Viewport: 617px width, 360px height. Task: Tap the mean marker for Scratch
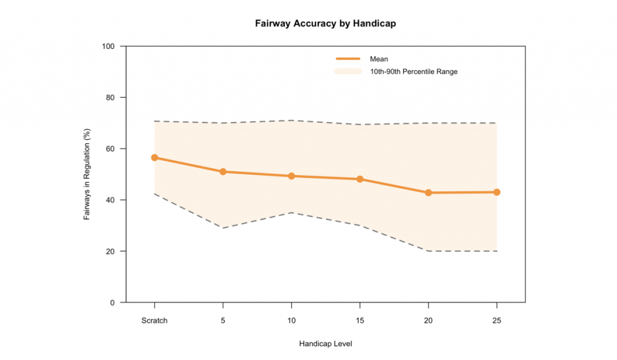click(x=154, y=157)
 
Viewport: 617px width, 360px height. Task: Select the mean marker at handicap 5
click(x=223, y=172)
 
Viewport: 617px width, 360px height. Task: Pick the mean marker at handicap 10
click(x=292, y=176)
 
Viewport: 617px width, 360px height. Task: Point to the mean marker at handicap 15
click(x=360, y=179)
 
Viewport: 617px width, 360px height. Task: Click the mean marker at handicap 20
click(x=428, y=193)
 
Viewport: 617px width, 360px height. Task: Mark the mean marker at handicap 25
click(x=496, y=192)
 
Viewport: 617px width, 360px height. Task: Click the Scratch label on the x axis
click(x=154, y=321)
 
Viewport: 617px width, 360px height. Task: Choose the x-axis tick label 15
click(x=360, y=321)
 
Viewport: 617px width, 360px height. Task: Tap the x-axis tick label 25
click(x=496, y=321)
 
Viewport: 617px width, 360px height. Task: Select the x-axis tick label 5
click(x=223, y=321)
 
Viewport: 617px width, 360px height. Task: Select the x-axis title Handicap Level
click(x=325, y=344)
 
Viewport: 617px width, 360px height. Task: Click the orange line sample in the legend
click(x=348, y=58)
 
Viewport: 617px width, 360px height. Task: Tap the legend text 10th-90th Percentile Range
click(x=413, y=72)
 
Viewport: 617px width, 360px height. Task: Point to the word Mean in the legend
click(x=379, y=59)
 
